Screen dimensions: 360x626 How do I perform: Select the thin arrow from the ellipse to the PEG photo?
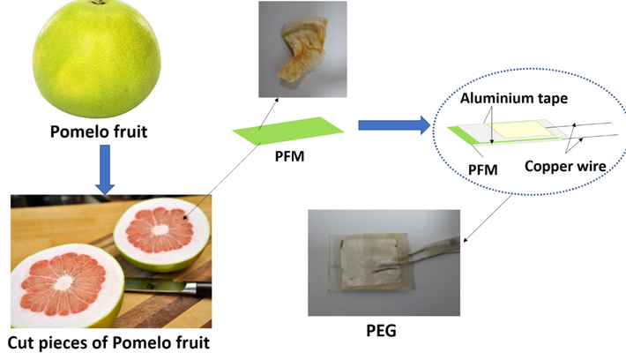tap(488, 216)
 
